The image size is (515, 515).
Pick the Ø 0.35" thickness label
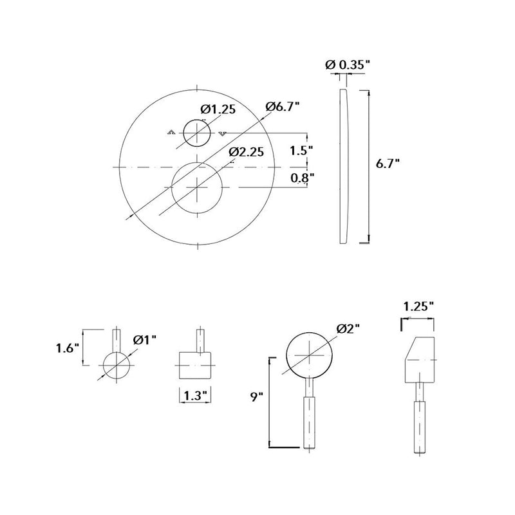pos(348,64)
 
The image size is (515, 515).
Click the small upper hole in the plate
pos(196,133)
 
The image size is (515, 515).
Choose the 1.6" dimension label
pos(67,348)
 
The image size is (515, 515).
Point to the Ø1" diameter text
pos(145,339)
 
